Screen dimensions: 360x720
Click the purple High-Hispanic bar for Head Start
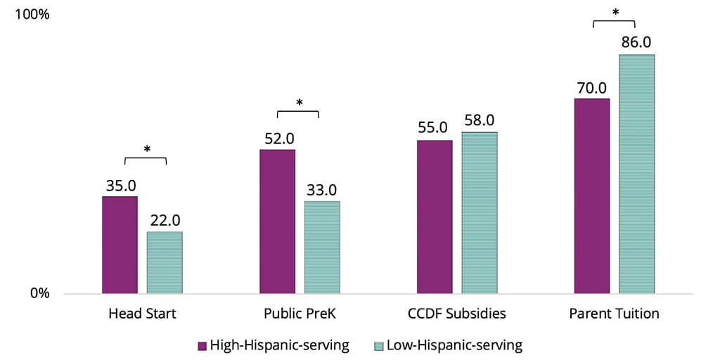pyautogui.click(x=120, y=245)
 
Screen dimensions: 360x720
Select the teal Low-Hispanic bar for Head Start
pyautogui.click(x=165, y=262)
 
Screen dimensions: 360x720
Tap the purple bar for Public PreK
pyautogui.click(x=277, y=221)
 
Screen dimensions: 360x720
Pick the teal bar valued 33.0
pyautogui.click(x=322, y=247)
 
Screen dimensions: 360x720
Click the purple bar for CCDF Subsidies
pyautogui.click(x=435, y=217)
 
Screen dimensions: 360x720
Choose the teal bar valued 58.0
pyautogui.click(x=480, y=212)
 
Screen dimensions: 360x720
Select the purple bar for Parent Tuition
pyautogui.click(x=592, y=195)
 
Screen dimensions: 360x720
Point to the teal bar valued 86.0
pyautogui.click(x=637, y=174)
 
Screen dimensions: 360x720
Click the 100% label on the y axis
pyautogui.click(x=34, y=14)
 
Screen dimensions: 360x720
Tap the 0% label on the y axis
pyautogui.click(x=39, y=293)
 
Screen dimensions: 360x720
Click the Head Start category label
pyautogui.click(x=142, y=314)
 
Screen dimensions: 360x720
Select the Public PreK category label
pyautogui.click(x=300, y=314)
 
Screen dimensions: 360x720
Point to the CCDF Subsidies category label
pyautogui.click(x=457, y=314)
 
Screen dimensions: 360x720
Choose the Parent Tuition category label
pyautogui.click(x=615, y=314)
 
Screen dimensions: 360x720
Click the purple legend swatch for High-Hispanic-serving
pyautogui.click(x=202, y=345)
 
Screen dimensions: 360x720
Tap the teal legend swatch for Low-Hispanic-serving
pyautogui.click(x=379, y=345)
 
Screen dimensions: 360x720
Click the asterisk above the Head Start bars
pyautogui.click(x=146, y=150)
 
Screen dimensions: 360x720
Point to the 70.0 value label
pyautogui.click(x=592, y=88)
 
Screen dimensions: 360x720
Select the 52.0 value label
pyautogui.click(x=278, y=139)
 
